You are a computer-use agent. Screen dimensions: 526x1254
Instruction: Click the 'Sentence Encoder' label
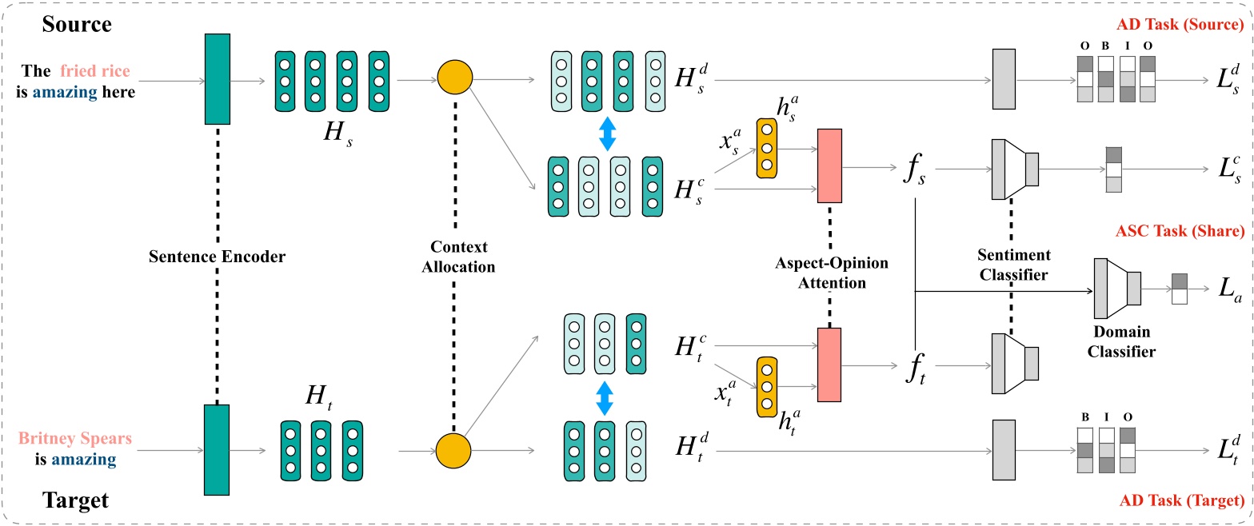coord(216,257)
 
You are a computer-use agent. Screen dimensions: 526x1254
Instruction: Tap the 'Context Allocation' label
coord(459,257)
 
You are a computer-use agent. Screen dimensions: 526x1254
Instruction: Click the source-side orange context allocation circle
coord(455,79)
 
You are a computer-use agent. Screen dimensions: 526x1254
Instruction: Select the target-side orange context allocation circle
coord(453,451)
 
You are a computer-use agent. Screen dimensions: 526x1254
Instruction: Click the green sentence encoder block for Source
coord(218,78)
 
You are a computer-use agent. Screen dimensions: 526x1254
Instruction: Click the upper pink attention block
coord(829,165)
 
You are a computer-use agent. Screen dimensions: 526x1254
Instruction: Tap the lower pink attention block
coord(829,365)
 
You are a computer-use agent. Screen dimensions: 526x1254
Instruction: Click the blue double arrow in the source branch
coord(607,133)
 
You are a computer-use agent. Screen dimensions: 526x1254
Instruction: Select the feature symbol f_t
coord(913,369)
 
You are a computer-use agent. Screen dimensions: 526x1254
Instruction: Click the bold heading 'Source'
coord(78,24)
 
